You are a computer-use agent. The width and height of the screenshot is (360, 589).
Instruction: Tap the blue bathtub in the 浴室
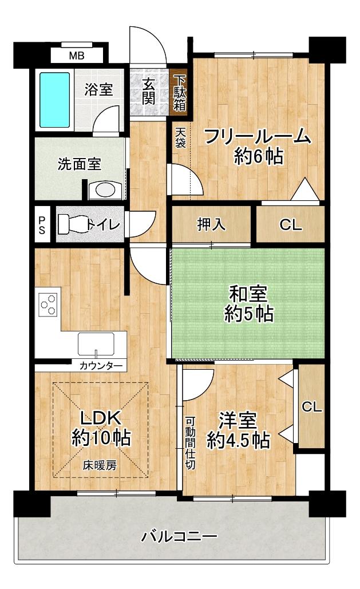54,98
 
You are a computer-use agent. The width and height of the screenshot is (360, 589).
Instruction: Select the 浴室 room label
98,89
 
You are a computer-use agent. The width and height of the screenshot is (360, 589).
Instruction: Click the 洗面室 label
79,164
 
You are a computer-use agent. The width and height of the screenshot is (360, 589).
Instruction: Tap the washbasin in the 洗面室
104,189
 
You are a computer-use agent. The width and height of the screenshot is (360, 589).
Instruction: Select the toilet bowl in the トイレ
72,223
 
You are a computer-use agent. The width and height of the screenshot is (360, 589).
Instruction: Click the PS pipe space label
42,224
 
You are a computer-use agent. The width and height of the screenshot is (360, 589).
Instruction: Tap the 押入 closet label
211,224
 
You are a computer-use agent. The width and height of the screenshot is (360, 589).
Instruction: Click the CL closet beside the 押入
291,225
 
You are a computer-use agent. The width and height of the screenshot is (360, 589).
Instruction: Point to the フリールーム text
257,137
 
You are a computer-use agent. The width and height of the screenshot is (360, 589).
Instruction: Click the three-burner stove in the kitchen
48,304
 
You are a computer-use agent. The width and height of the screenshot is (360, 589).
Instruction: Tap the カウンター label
100,365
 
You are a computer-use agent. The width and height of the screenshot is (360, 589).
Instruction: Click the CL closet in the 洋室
312,406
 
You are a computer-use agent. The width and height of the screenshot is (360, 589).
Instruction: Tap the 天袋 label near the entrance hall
180,139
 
